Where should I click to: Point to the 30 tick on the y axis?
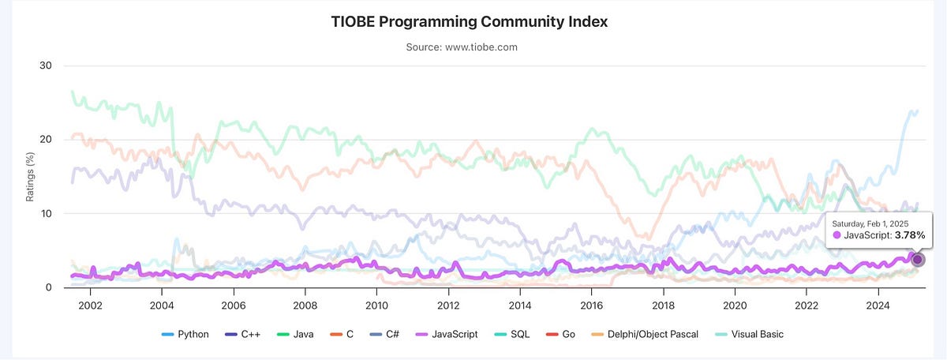45,66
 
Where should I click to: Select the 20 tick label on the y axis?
45,140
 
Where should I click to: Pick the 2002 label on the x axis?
89,306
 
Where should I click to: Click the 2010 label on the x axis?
376,306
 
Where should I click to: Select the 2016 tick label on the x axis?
591,306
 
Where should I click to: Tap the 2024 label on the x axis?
878,306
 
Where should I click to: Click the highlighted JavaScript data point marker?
917,260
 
